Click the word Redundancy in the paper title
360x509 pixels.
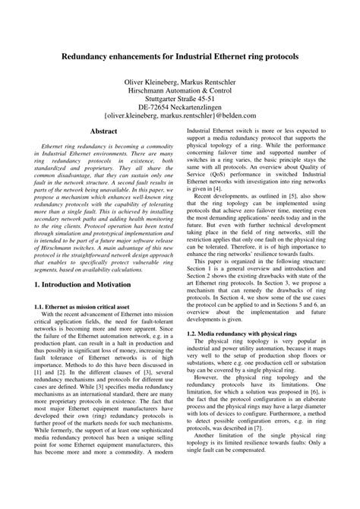[90, 56]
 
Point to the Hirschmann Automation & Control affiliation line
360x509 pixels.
[180, 89]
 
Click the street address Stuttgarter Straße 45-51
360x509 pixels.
[180, 98]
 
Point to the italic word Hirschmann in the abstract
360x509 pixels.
[57, 242]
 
